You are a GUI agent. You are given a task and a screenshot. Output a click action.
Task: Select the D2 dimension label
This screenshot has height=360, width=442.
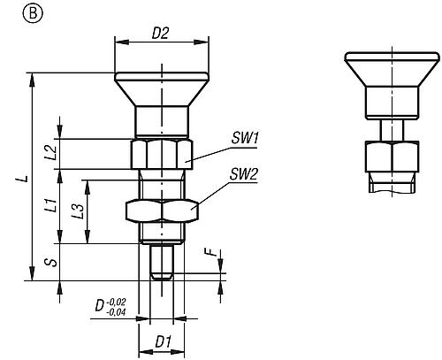160,34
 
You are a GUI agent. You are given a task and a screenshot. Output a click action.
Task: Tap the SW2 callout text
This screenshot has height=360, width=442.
244,174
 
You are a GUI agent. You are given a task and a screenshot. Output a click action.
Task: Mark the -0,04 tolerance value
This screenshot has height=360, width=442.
117,311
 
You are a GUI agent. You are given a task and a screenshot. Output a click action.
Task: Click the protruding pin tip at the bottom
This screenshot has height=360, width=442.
160,263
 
